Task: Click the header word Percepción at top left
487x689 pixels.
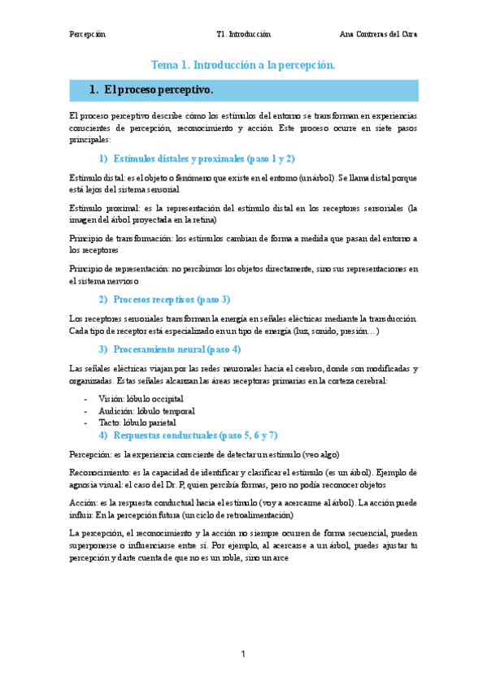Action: click(x=88, y=35)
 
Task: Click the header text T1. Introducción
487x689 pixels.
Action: click(x=243, y=35)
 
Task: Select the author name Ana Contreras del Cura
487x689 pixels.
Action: click(x=378, y=35)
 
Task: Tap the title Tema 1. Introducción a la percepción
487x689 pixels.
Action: click(x=243, y=64)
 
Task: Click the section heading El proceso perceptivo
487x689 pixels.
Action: click(x=159, y=89)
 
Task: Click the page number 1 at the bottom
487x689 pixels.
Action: click(x=243, y=654)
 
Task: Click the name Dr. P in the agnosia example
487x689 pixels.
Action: click(x=199, y=484)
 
